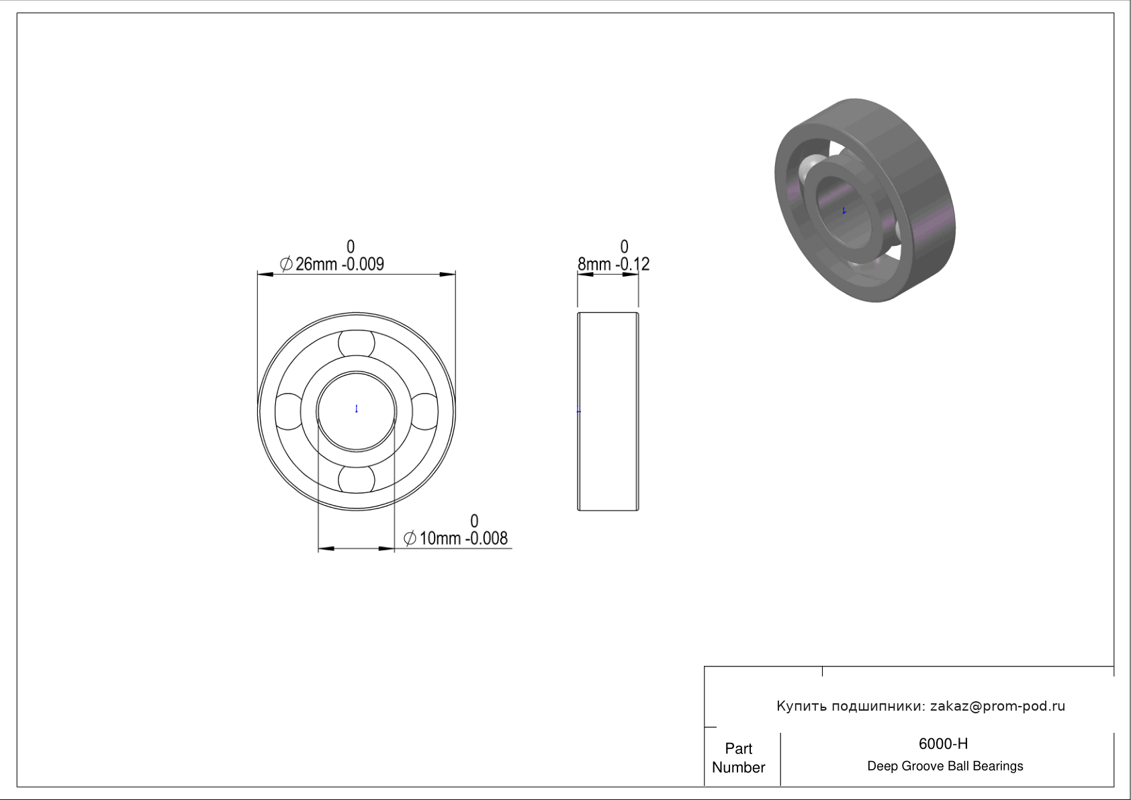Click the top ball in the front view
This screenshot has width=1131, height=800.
point(357,343)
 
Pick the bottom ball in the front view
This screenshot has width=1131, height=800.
point(357,480)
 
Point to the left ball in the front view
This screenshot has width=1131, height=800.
point(289,412)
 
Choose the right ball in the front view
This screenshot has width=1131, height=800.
point(424,412)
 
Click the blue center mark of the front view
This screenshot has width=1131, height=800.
point(357,409)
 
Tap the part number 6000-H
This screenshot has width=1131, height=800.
point(943,744)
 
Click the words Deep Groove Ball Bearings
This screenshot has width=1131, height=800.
point(945,766)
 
